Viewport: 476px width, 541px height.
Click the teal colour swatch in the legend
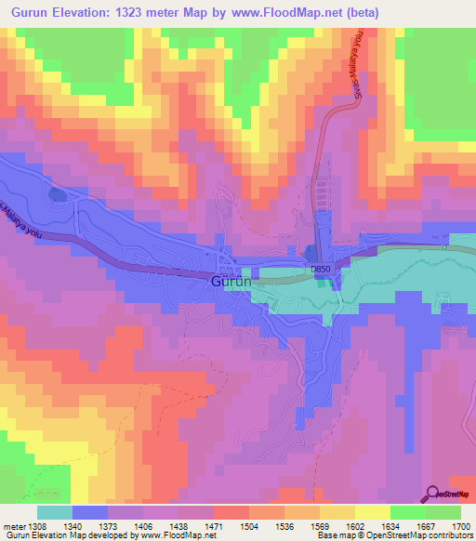click(55, 512)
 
